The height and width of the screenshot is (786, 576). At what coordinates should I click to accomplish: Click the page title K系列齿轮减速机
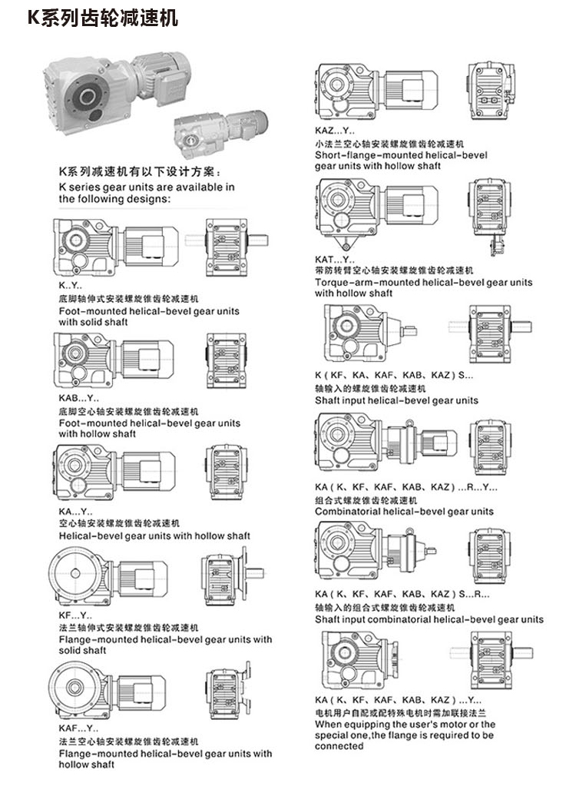pyautogui.click(x=103, y=18)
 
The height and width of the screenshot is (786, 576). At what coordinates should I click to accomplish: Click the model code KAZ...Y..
pyautogui.click(x=335, y=131)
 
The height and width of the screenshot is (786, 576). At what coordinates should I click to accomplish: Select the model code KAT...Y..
pyautogui.click(x=335, y=259)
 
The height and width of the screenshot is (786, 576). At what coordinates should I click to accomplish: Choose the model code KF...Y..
pyautogui.click(x=75, y=615)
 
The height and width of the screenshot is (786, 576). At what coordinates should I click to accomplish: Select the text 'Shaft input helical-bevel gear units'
pyautogui.click(x=396, y=400)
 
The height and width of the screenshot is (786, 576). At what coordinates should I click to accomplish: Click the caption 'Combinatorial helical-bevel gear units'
pyautogui.click(x=404, y=511)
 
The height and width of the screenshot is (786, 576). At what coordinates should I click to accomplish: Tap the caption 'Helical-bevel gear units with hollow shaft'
pyautogui.click(x=154, y=536)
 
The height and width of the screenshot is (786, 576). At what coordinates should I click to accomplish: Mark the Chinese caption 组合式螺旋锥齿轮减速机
pyautogui.click(x=366, y=499)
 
